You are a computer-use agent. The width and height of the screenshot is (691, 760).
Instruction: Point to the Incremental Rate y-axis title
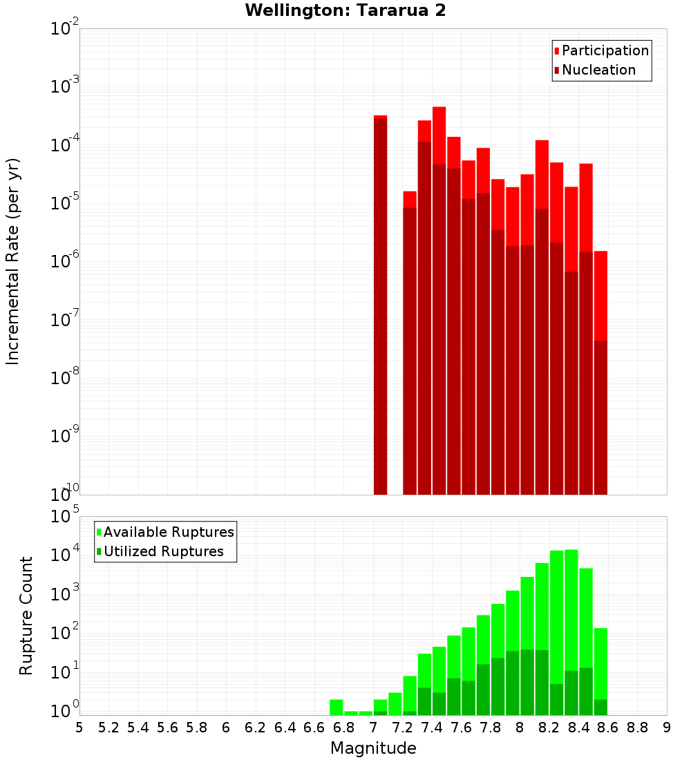point(13,261)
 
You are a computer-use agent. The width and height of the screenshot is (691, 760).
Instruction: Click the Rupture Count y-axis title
point(26,615)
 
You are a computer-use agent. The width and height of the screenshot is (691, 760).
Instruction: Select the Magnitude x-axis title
point(373,748)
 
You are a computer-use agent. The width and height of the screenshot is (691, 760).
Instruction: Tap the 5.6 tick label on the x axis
point(167,728)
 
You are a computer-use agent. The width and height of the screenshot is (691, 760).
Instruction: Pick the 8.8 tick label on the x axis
point(637,728)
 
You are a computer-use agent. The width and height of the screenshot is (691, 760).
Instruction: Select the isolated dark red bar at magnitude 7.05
point(380,304)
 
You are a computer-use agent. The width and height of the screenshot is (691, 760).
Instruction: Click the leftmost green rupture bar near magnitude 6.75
point(337,707)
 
